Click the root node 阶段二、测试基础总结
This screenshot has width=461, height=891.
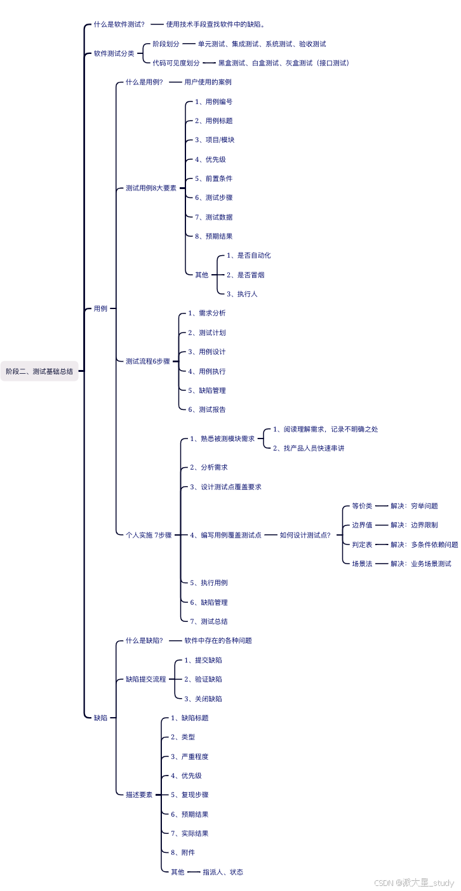(x=39, y=371)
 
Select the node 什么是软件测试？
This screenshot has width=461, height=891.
(x=119, y=24)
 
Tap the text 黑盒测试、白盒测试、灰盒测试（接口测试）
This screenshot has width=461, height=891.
(x=283, y=63)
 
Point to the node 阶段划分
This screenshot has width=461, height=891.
(x=166, y=44)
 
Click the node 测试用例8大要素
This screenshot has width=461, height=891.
(x=151, y=188)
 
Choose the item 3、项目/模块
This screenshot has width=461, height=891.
(x=215, y=140)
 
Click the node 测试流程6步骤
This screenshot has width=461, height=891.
(x=148, y=361)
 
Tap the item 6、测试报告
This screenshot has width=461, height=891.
(x=207, y=409)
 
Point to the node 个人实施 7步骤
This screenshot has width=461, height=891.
(x=149, y=535)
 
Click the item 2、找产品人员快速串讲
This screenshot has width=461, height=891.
(x=309, y=448)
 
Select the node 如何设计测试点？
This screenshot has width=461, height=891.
(x=305, y=535)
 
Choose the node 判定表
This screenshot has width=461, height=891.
(x=362, y=544)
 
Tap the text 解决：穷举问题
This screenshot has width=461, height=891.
(x=414, y=506)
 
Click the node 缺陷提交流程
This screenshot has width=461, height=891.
(x=146, y=679)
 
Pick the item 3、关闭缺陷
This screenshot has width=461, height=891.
(x=203, y=699)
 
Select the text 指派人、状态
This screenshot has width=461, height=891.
(x=223, y=872)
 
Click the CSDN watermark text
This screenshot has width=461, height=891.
(x=414, y=883)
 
